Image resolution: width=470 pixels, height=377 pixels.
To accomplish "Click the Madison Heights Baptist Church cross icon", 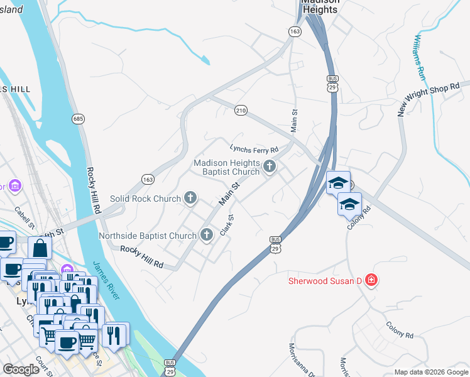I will click(270, 167).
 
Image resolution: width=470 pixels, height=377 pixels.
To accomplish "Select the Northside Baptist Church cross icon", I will click(206, 236).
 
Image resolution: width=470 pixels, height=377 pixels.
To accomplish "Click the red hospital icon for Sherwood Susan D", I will click(371, 280).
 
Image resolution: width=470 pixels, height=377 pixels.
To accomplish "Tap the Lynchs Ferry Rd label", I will click(254, 150).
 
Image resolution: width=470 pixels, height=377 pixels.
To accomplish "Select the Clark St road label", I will click(227, 226).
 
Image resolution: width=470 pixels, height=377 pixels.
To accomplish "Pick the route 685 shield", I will click(78, 118).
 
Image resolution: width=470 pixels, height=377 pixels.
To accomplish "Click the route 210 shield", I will click(241, 110).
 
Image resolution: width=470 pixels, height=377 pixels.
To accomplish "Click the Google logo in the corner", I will click(21, 369).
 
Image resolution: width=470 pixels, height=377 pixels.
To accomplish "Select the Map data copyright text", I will click(431, 371).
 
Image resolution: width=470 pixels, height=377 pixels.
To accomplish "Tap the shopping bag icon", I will click(40, 248).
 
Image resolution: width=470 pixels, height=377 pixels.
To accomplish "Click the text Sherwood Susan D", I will click(325, 281).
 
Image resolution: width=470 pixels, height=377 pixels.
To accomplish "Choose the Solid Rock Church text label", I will click(145, 199).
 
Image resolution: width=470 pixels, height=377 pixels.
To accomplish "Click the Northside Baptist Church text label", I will click(148, 236).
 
